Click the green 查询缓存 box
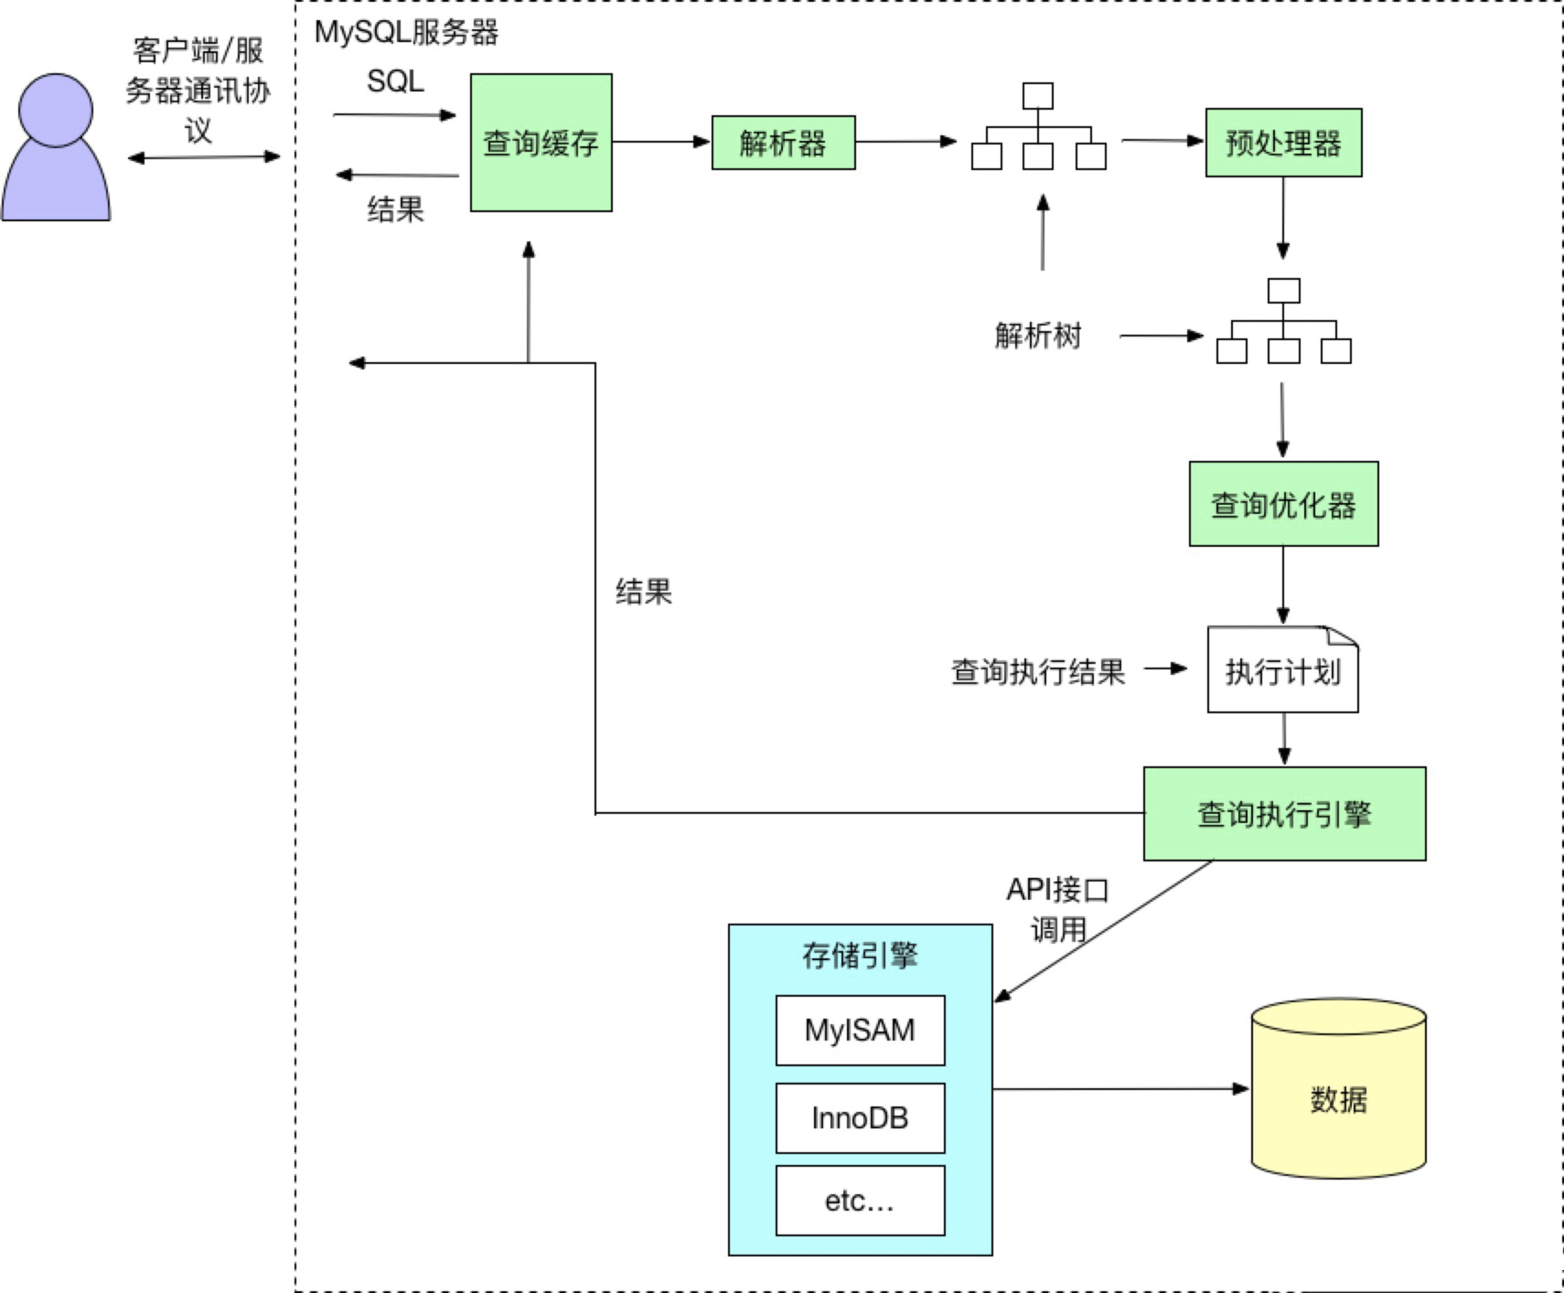(541, 142)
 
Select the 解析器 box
(783, 142)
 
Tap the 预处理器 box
(1283, 142)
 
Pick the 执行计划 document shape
(1282, 670)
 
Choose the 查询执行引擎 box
(1284, 813)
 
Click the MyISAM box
(859, 1030)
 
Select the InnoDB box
(859, 1118)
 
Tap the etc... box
(859, 1201)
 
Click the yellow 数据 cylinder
(1339, 1099)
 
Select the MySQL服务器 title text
(406, 32)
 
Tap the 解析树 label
(1038, 335)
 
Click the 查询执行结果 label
(1038, 672)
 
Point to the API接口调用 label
(1058, 908)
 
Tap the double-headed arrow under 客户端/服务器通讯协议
(204, 157)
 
